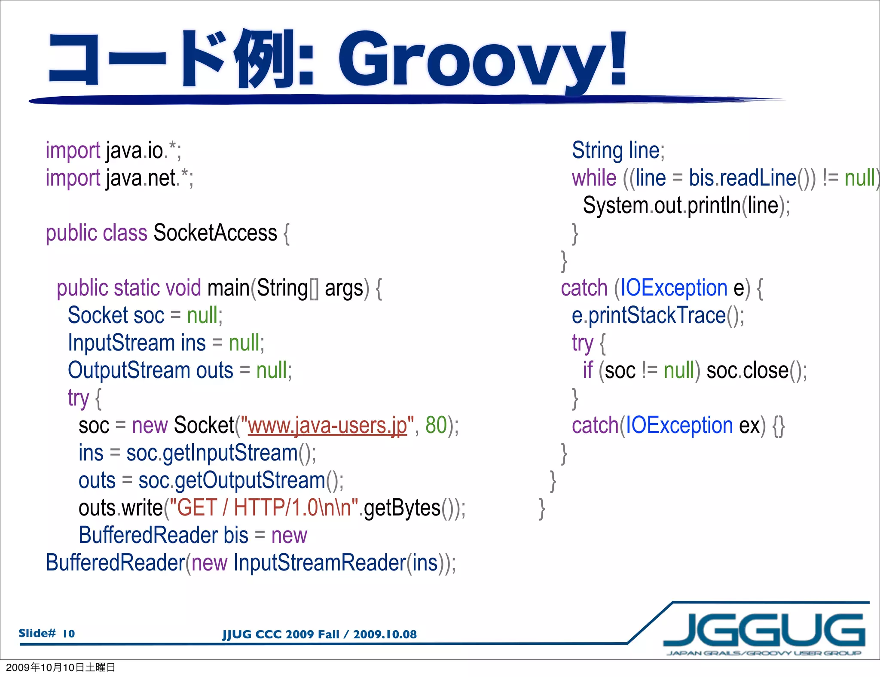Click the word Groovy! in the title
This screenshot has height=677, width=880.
pos(481,60)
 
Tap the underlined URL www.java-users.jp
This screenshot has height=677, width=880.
pos(327,426)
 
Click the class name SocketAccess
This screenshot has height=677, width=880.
pos(215,233)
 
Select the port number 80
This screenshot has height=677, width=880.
pos(436,425)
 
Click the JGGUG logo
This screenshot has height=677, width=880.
pos(764,631)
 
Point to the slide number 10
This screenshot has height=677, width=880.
pos(69,634)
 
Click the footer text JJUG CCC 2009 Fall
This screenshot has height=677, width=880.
pos(281,634)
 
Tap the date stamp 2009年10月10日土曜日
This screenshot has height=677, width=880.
pos(60,667)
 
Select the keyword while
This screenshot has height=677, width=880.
pos(593,178)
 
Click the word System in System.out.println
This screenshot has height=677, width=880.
pos(615,206)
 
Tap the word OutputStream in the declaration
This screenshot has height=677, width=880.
pos(129,371)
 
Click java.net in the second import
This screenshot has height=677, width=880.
pos(142,178)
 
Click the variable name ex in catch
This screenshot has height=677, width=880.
pos(749,426)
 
